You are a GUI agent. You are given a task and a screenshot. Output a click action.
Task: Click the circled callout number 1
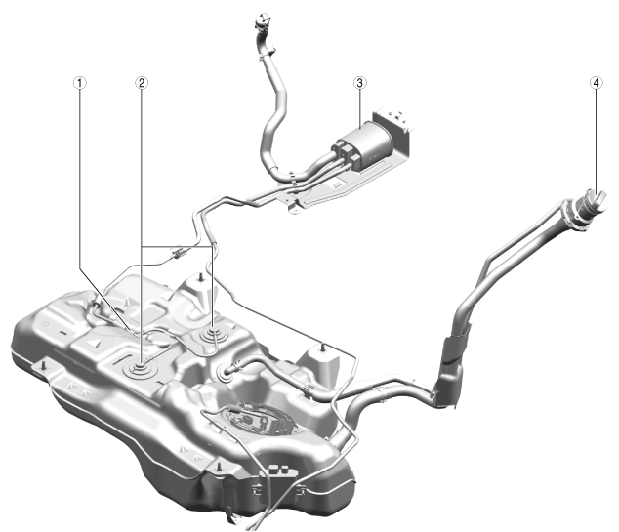point(80,83)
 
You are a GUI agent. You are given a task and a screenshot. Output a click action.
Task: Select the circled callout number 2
point(142,83)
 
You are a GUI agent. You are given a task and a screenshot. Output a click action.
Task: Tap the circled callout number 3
point(359,83)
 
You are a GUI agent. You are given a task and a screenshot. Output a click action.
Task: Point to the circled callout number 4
point(597,83)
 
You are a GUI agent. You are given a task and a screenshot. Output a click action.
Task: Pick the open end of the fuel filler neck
point(595,200)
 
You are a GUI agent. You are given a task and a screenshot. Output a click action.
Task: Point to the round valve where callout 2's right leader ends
point(214,334)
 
